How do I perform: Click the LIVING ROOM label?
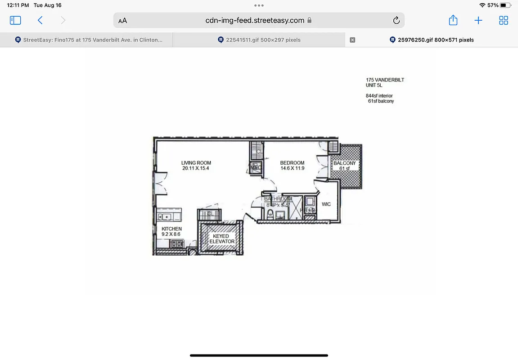tap(196, 163)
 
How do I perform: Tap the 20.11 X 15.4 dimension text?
tap(196, 169)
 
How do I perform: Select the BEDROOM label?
tap(292, 163)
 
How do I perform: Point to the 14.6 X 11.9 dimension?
tap(292, 169)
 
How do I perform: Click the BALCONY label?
tap(344, 163)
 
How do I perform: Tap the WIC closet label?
tap(326, 204)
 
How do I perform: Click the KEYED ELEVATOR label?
tap(221, 239)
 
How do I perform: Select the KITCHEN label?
tap(171, 229)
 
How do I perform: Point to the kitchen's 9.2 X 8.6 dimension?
tap(171, 234)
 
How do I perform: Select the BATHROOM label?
tap(278, 199)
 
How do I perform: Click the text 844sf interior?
tap(379, 96)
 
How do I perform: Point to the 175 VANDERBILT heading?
tap(385, 80)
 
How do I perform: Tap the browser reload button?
tap(396, 20)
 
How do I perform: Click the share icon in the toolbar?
tap(453, 20)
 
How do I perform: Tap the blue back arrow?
tap(40, 20)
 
